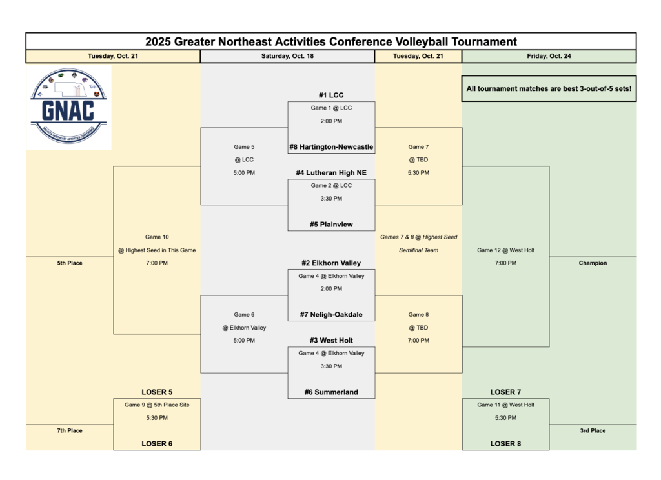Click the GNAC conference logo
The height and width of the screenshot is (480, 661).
[x=68, y=106]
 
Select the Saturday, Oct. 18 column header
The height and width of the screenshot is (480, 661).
[x=287, y=56]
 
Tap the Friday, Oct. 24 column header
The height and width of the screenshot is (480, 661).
[x=549, y=56]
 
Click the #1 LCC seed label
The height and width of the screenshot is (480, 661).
[x=331, y=95]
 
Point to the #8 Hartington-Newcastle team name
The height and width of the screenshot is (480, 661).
[x=331, y=147]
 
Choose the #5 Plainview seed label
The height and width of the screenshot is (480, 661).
[x=331, y=225]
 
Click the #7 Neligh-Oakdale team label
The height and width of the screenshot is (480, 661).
[x=331, y=315]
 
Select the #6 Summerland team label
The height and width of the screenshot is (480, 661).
[x=331, y=392]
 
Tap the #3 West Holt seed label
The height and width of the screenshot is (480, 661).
[x=331, y=341]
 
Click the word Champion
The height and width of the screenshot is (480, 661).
[x=593, y=263]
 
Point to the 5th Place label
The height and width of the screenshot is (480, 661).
[x=70, y=263]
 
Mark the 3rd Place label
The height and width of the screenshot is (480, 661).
[x=593, y=431]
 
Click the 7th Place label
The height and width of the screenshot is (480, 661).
[x=70, y=431]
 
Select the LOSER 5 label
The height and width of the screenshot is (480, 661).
[x=157, y=392]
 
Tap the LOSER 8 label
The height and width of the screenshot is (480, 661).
[x=505, y=444]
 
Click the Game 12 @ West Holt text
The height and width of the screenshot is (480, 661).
[x=505, y=250]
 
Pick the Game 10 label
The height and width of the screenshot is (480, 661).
[x=157, y=237]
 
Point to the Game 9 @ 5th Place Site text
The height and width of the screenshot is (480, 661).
[x=157, y=405]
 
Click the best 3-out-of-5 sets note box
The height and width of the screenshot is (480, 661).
[x=549, y=89]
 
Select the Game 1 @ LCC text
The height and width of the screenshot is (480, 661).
[x=331, y=108]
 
